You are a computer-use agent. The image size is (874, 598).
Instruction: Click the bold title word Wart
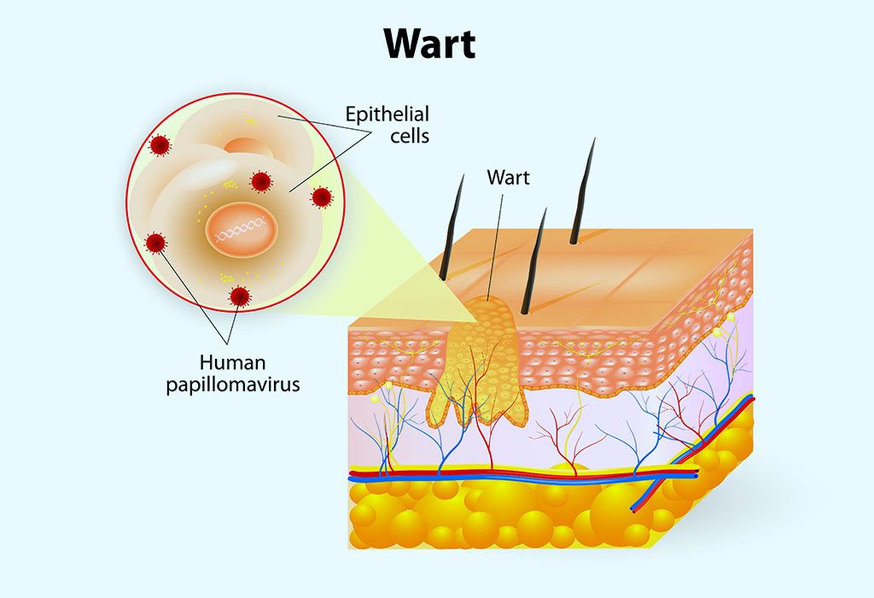[x=430, y=44]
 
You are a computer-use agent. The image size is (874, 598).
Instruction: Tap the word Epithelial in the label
[x=387, y=115]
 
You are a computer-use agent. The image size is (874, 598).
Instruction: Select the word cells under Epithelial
[x=410, y=136]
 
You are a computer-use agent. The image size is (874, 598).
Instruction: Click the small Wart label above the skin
[x=508, y=178]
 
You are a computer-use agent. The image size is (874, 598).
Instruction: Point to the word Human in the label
[x=232, y=362]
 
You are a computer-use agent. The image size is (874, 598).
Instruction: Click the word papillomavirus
[x=233, y=384]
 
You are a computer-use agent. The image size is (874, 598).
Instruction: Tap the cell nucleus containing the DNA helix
[x=242, y=229]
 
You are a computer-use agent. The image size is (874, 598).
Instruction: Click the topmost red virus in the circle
[x=160, y=145]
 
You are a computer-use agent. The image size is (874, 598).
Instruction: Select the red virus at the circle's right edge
[x=322, y=197]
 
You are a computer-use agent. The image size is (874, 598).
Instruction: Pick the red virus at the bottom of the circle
[x=240, y=296]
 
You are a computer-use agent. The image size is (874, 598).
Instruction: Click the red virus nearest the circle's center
[x=260, y=181]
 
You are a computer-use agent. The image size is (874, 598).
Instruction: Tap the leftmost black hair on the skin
[x=452, y=227]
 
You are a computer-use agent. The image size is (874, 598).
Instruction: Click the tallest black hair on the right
[x=582, y=191]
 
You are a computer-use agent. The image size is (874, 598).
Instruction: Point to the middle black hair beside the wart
[x=533, y=261]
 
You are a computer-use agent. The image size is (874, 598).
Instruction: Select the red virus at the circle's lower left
[x=155, y=243]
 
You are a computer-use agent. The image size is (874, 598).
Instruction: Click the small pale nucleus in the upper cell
[x=248, y=146]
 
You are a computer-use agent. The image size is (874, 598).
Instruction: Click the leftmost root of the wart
[x=438, y=407]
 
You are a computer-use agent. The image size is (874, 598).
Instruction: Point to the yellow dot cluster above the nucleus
[x=229, y=184]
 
